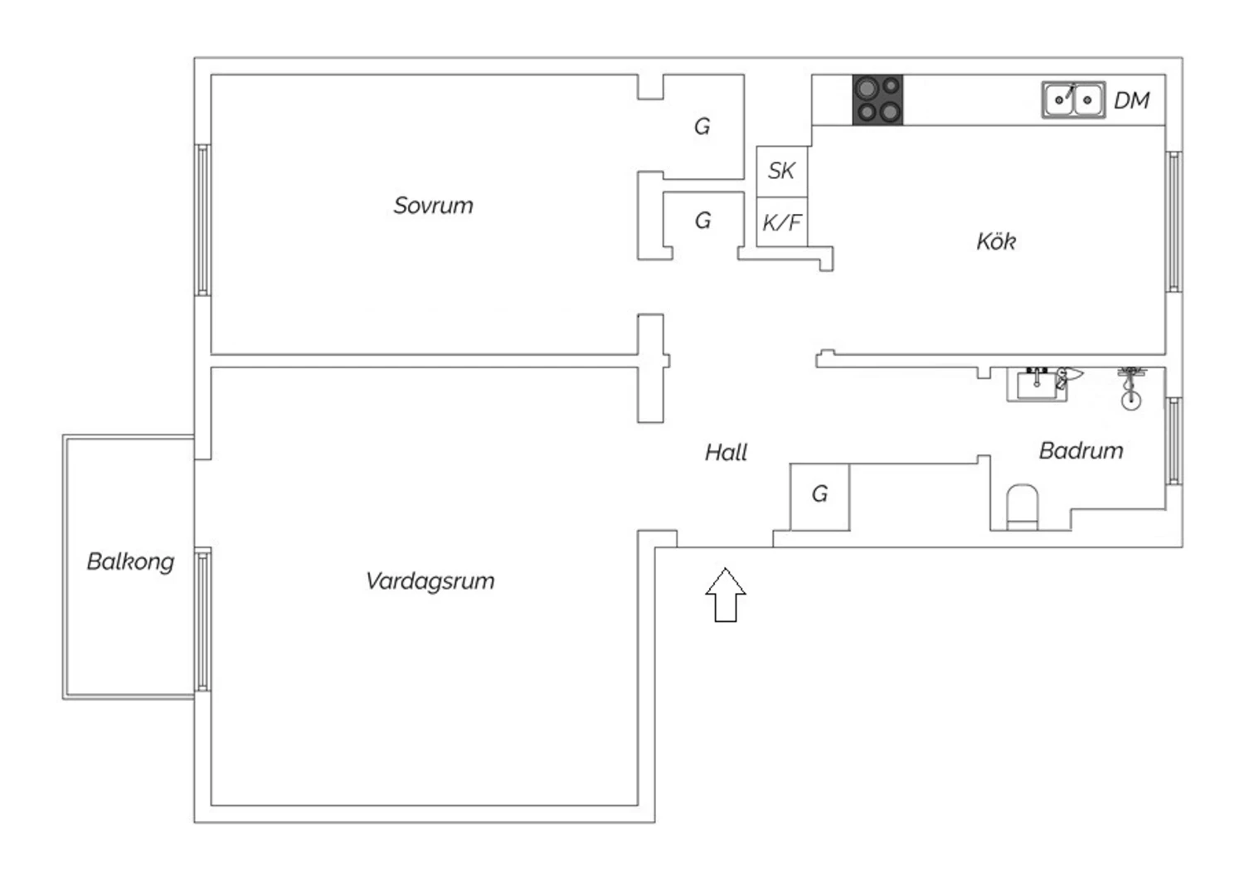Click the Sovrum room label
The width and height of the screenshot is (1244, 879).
(x=433, y=206)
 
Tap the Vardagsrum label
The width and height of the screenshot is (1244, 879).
(x=430, y=580)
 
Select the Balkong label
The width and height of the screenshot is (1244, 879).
(x=130, y=561)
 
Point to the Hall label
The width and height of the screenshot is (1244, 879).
(x=726, y=452)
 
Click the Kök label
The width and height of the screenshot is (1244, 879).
(x=995, y=241)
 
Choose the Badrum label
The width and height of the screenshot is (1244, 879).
(x=1081, y=450)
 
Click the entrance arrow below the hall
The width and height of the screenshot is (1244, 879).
(x=726, y=595)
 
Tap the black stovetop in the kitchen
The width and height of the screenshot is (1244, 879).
(x=877, y=100)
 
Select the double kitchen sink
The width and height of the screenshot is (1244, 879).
(x=1073, y=100)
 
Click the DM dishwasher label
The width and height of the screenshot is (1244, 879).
(x=1131, y=100)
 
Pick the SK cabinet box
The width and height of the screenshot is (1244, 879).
(x=781, y=171)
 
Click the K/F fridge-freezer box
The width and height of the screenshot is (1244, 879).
(x=781, y=222)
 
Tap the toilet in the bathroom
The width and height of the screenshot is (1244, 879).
(x=1022, y=507)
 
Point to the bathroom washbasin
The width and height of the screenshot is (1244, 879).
(x=1037, y=385)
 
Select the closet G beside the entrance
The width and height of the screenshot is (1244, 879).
(x=819, y=496)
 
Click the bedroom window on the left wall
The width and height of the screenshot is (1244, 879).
(x=202, y=220)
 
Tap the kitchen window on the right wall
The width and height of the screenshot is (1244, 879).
(x=1174, y=221)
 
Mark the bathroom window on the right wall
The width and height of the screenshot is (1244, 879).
(x=1174, y=440)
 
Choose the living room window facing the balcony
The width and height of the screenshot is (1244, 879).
(x=202, y=619)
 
